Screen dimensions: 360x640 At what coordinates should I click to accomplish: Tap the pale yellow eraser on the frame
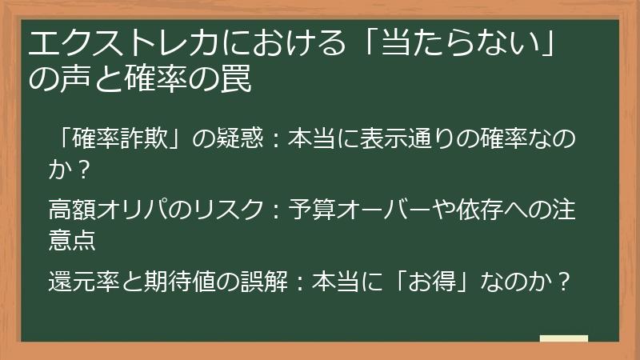[563, 339]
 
